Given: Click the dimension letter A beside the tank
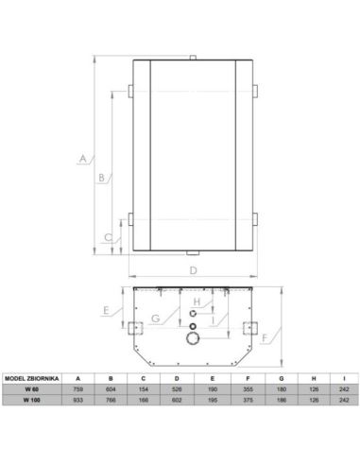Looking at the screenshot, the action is [x=83, y=158].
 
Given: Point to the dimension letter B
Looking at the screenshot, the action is [x=101, y=178].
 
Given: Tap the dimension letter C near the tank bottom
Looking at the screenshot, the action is [x=109, y=237].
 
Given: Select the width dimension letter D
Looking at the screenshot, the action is [x=194, y=270].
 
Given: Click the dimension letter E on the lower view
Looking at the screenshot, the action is [x=106, y=310].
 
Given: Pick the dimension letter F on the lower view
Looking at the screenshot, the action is [x=265, y=338].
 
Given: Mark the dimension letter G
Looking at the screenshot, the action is [x=156, y=319].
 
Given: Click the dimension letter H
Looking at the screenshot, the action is [x=197, y=301].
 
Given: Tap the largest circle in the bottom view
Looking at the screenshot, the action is [x=193, y=338].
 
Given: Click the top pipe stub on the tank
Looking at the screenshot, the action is [x=193, y=58].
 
